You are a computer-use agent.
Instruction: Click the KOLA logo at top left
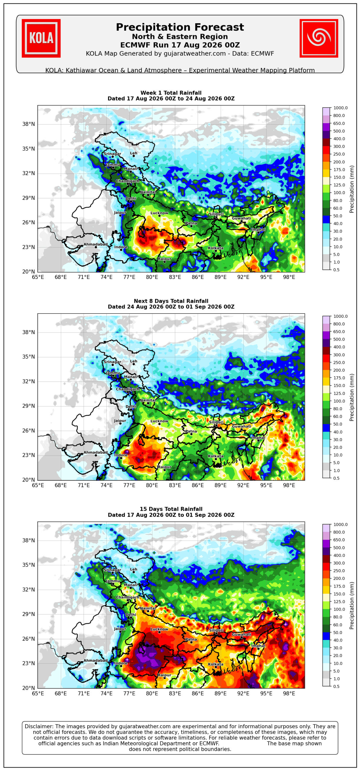coord(41,38)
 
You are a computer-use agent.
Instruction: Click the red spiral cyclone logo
coord(319,38)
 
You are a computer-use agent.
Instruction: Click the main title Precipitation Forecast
coord(180,27)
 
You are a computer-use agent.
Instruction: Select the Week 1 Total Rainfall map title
coord(171,93)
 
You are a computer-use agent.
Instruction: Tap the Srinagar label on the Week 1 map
coord(112,154)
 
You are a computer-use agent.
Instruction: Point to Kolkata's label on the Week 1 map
coord(216,248)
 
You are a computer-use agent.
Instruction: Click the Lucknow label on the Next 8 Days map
coord(159,421)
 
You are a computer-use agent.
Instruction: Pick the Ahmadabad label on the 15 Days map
coord(95,660)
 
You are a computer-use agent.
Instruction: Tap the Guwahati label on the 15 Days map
coord(241,634)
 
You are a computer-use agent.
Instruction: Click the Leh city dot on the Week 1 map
coord(134,156)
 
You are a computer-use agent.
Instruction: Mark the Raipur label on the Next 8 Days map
coord(164,467)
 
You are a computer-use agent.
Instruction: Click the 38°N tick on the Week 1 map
coord(29,124)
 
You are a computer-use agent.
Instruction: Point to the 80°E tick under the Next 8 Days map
coord(152,485)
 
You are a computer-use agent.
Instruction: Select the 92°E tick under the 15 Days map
coord(243,693)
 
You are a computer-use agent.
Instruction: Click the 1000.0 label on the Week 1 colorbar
coord(340,108)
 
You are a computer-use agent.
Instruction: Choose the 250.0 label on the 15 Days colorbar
coord(339,571)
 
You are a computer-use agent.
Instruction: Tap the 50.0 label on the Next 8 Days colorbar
coord(338,424)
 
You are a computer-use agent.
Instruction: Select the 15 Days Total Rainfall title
coord(171,509)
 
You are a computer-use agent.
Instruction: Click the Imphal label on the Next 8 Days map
coord(258,438)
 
